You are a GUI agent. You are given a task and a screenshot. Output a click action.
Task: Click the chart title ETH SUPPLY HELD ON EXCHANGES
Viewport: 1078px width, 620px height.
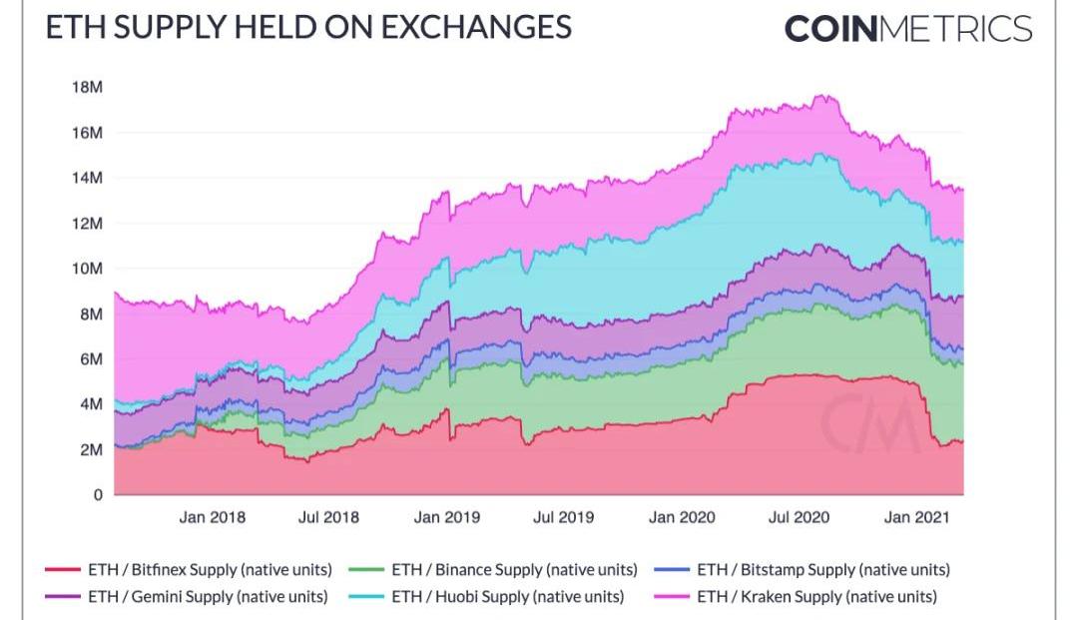tap(308, 27)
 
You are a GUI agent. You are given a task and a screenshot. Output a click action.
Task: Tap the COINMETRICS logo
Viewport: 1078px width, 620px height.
tap(907, 28)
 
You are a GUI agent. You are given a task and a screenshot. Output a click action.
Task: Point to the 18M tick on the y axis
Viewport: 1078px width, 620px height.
tap(87, 88)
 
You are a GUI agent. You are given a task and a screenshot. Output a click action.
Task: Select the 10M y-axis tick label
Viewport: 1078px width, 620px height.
tap(87, 269)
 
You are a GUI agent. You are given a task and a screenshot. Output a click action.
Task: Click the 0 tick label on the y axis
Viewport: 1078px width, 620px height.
tap(97, 494)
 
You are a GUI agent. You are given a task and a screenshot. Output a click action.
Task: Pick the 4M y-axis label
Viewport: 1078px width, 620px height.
tap(90, 404)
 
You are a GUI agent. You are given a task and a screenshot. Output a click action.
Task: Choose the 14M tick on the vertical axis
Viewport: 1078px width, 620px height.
tap(87, 178)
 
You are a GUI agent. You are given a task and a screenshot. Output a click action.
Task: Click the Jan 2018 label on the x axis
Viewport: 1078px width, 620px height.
tap(212, 517)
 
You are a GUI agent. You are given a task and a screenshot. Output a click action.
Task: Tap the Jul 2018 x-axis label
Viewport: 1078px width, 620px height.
tap(328, 517)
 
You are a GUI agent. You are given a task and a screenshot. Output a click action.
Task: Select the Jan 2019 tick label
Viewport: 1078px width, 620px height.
tap(446, 517)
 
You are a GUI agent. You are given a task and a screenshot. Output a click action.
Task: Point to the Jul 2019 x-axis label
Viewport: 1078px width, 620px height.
tap(563, 517)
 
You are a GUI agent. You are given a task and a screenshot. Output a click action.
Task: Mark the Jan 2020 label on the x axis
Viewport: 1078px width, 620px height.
tap(682, 517)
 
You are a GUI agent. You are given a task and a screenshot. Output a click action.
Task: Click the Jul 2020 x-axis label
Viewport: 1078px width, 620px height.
tap(798, 517)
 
